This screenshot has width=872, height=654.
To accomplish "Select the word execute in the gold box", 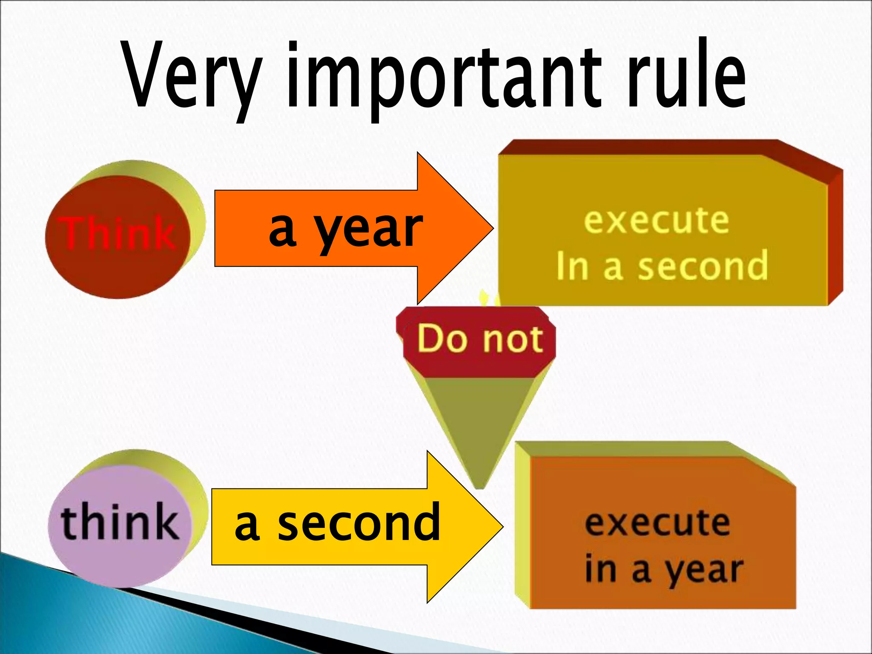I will tap(656, 221).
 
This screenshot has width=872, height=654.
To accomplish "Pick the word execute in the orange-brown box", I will tap(657, 524).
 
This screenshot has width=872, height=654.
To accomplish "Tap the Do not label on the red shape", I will tap(480, 339).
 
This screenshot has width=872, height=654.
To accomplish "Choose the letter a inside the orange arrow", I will tap(282, 230).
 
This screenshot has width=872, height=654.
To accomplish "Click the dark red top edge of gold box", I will tap(639, 147).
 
